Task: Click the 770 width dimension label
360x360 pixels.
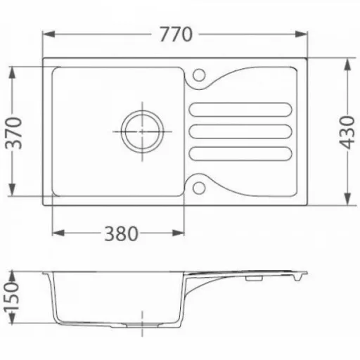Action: pos(176,34)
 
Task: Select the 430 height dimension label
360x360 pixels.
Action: pos(347,132)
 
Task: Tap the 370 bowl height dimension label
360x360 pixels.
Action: pos(13,133)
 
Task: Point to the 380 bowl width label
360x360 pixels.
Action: pos(121,233)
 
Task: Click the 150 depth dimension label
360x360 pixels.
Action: pos(12,297)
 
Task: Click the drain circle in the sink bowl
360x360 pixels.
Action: pos(142,131)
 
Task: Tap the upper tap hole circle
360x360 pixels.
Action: pos(199,75)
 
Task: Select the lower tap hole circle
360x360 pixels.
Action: pos(199,188)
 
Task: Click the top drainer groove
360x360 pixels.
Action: pos(240,110)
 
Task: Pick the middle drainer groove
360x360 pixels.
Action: pos(240,131)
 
